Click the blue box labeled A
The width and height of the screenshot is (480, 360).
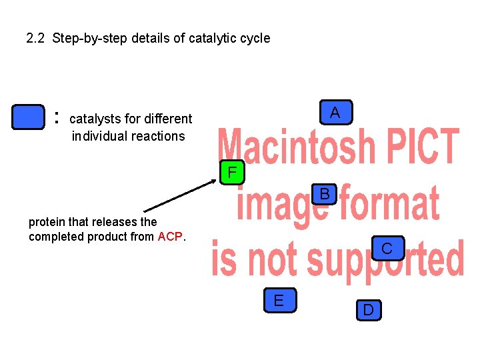click(335, 113)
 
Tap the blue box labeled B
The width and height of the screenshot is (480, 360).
click(325, 195)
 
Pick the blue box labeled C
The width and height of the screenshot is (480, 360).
click(386, 249)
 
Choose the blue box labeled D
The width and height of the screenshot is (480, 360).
click(368, 309)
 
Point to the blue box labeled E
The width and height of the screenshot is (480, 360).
click(278, 301)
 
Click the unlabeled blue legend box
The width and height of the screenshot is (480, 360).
click(29, 117)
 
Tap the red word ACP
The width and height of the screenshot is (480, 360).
click(170, 237)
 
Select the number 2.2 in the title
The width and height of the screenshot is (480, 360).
click(35, 38)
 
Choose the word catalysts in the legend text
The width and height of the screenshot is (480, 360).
click(95, 119)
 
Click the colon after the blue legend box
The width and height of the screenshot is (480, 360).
click(57, 118)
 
